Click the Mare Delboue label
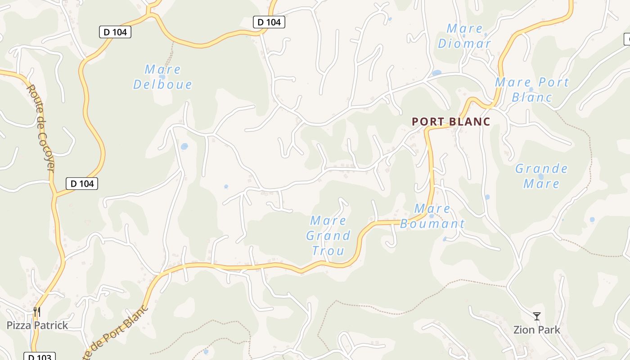tap(162, 77)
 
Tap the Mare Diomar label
tap(464, 36)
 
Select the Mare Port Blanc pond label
tap(532, 90)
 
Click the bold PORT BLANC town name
tap(451, 121)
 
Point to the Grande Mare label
tap(541, 176)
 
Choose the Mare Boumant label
tap(432, 216)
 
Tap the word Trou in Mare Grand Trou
tap(328, 251)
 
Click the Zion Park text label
tap(537, 330)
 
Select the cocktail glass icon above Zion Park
tap(536, 316)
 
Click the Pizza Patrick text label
tap(37, 325)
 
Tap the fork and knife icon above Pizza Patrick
tap(37, 311)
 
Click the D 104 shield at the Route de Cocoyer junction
tap(82, 184)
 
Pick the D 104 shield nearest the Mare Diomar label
tap(269, 22)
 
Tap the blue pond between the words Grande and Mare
tap(540, 176)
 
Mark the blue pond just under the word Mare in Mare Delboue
tap(163, 77)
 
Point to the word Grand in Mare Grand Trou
tap(328, 236)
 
